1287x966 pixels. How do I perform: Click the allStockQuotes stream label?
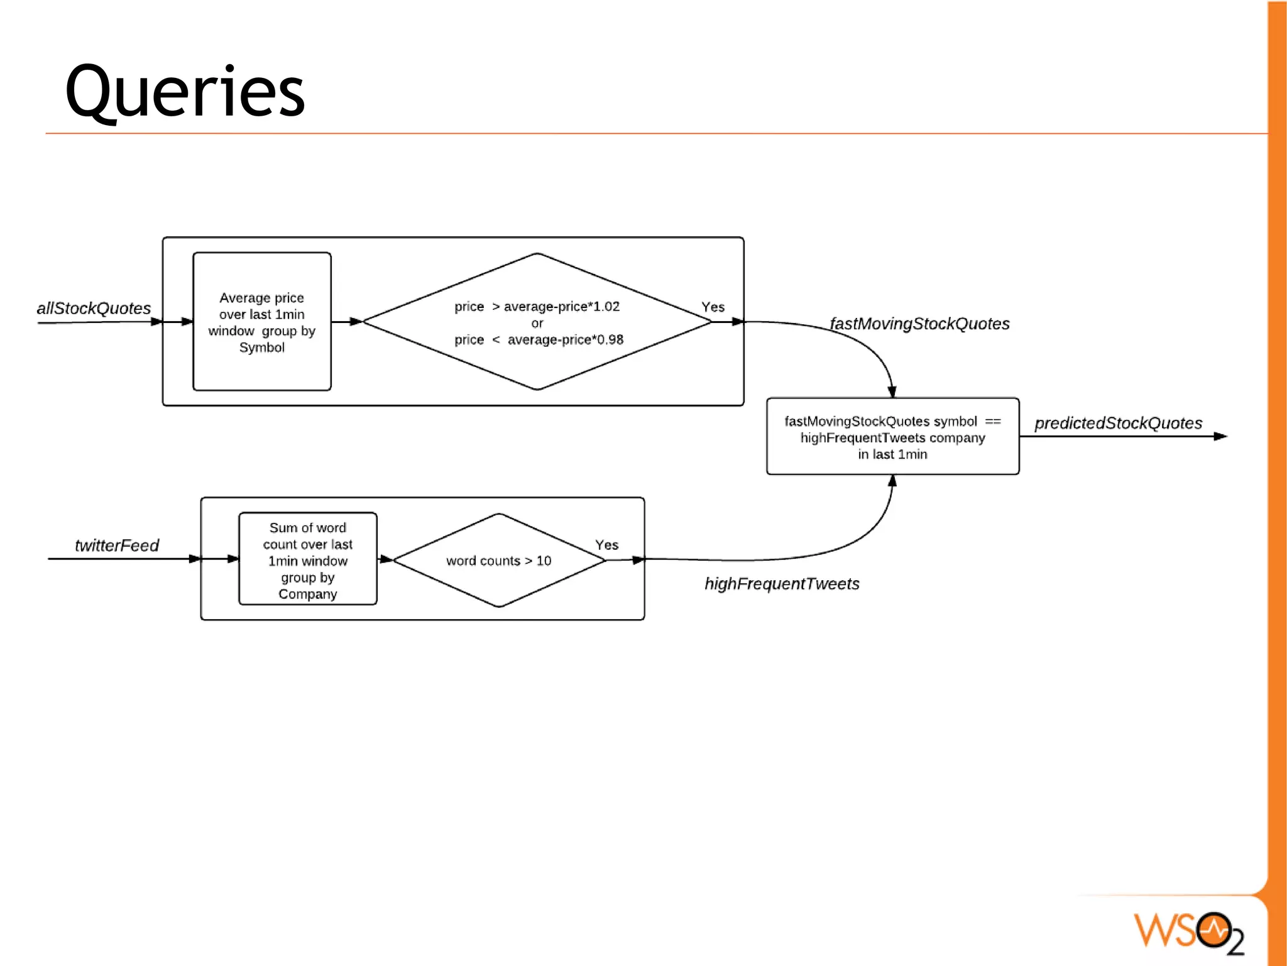coord(94,308)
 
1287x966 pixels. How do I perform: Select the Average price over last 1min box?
coord(261,321)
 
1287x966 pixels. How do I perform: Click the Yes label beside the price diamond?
coord(713,307)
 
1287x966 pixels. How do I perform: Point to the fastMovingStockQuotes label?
coord(919,324)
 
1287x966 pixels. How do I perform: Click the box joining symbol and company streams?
coord(892,437)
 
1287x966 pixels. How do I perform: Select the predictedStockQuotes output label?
coord(1118,423)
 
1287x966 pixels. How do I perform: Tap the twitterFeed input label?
coord(117,545)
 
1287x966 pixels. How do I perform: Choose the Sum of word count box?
coord(307,559)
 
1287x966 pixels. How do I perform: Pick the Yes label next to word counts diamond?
coord(606,545)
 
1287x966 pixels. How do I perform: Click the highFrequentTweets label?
coord(782,584)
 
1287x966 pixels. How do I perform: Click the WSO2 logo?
coord(1188,931)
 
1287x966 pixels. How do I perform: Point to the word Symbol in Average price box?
coord(261,348)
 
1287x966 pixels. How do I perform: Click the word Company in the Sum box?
coord(307,594)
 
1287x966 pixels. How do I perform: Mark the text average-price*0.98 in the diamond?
coord(565,340)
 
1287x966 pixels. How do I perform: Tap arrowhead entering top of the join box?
coord(892,392)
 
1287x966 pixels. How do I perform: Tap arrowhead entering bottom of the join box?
coord(892,481)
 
